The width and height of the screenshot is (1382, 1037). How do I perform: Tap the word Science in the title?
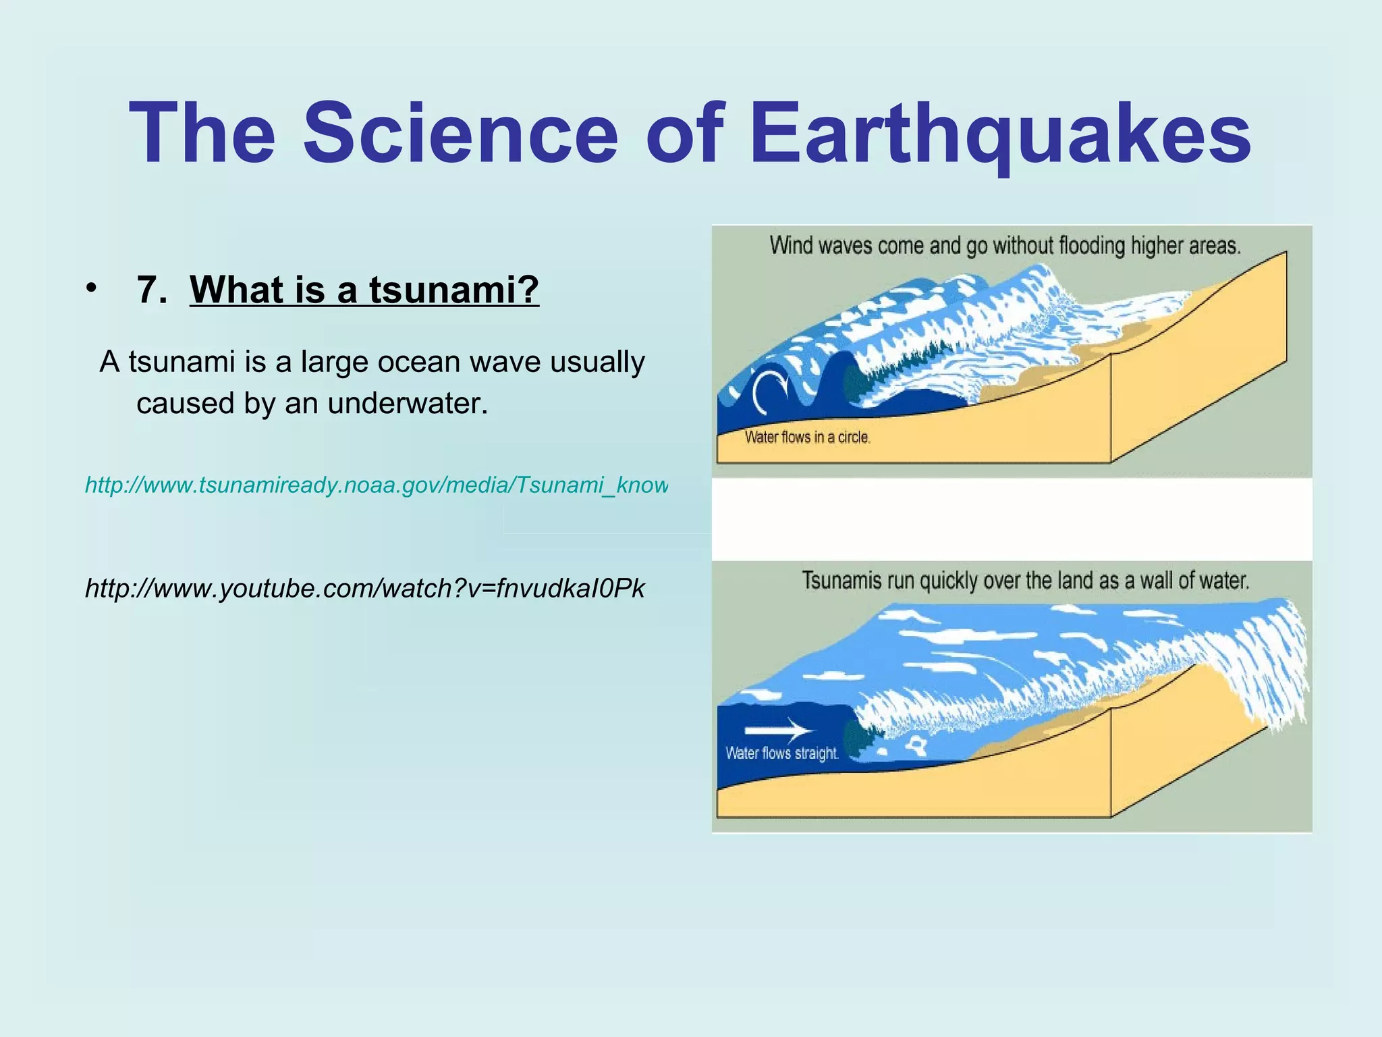(x=460, y=133)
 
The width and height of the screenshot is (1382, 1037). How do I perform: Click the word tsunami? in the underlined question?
(x=453, y=290)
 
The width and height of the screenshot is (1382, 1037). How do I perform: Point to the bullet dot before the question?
(x=91, y=288)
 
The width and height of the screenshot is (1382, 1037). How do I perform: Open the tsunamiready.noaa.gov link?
(x=376, y=485)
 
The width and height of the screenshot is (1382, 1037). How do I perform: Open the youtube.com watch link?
(x=364, y=589)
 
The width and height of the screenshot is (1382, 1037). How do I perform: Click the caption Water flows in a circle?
(x=807, y=437)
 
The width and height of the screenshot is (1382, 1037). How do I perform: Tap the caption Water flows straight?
(x=781, y=753)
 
